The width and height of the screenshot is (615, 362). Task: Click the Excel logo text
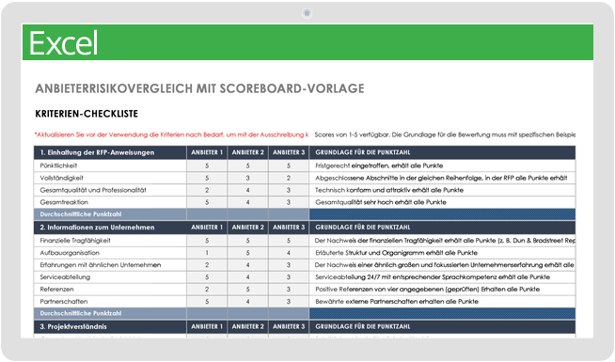pyautogui.click(x=64, y=43)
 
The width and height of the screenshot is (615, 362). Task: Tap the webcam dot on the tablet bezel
pyautogui.click(x=307, y=13)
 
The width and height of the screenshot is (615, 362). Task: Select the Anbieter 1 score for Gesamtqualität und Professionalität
pyautogui.click(x=206, y=189)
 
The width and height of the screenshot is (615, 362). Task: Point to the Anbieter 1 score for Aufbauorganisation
pyautogui.click(x=206, y=253)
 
